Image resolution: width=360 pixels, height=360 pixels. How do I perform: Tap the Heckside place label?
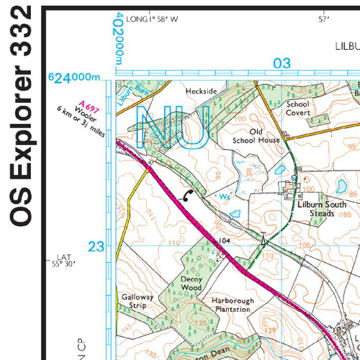point(201,92)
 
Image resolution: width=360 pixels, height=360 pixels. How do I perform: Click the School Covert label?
point(297,108)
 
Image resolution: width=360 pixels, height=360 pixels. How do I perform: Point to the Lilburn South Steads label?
point(322,209)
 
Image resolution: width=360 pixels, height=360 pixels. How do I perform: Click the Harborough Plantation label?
point(230,304)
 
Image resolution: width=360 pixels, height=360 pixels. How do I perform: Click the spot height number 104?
point(223,240)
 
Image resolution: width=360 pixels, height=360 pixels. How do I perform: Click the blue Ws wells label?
point(225,196)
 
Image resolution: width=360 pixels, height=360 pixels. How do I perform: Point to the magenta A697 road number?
point(90,105)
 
